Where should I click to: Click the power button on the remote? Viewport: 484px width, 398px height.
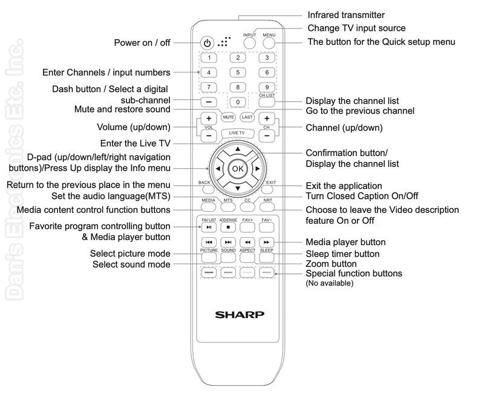207,43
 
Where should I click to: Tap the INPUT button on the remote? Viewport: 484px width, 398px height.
249,43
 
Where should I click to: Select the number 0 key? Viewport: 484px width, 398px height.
238,102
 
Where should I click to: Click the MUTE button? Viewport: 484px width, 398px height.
229,117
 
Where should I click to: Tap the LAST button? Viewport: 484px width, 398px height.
247,117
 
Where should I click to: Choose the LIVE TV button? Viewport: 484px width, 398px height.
237,133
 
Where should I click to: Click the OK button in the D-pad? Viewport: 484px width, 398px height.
238,169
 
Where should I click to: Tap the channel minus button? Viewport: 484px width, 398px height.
267,135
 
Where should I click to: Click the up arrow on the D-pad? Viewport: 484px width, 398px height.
238,149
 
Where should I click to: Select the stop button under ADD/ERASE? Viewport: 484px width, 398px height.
229,227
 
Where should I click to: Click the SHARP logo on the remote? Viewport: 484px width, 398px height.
240,315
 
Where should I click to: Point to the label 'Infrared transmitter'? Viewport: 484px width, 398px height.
346,15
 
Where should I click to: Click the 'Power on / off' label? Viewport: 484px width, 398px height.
142,42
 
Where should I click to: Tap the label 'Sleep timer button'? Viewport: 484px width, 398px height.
342,254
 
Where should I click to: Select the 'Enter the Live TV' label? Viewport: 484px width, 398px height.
135,143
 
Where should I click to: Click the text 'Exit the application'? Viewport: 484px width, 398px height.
344,186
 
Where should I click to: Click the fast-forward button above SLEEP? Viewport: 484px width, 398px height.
267,242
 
